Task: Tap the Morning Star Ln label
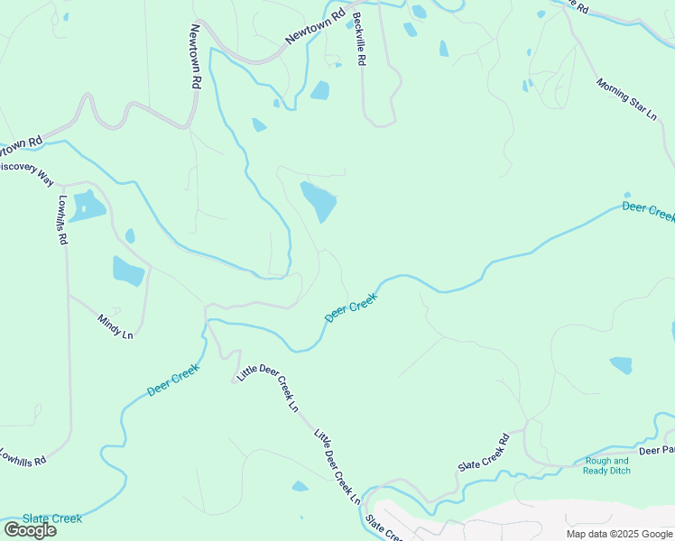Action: [x=625, y=98]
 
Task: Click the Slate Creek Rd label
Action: [x=485, y=454]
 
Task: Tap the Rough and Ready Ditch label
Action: [x=607, y=465]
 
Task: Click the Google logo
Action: [x=30, y=529]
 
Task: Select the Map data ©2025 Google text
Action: [x=619, y=534]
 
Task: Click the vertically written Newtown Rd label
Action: [x=193, y=55]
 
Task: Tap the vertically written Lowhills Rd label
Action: [x=62, y=221]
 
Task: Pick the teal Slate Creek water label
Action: [x=52, y=518]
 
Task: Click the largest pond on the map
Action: [x=319, y=201]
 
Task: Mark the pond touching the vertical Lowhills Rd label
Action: [x=88, y=206]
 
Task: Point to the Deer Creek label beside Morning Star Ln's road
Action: [x=648, y=212]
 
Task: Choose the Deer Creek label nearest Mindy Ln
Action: [x=172, y=380]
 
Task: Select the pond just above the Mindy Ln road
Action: [x=128, y=270]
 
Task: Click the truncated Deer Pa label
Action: [x=656, y=449]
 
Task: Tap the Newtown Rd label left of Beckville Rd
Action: [x=315, y=27]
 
